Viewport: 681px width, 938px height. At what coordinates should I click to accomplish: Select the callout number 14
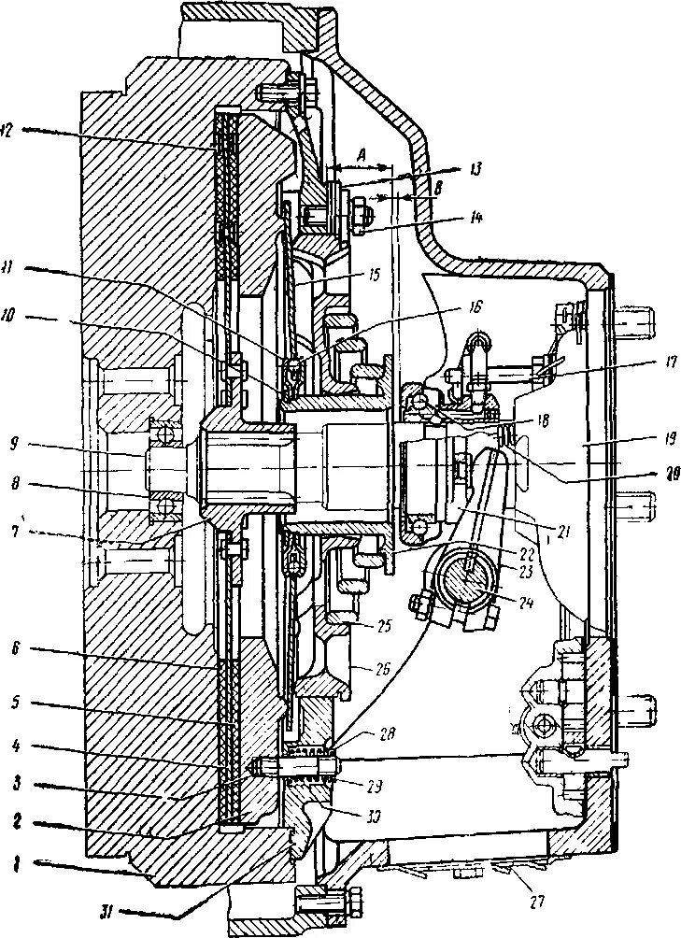475,219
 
